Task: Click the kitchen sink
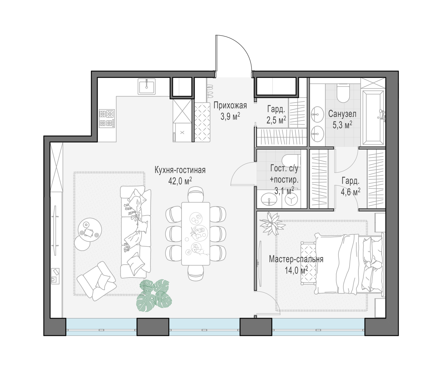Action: pyautogui.click(x=147, y=87)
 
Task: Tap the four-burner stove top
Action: pyautogui.click(x=107, y=119)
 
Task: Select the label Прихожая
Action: pyautogui.click(x=230, y=106)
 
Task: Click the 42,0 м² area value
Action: pyautogui.click(x=180, y=181)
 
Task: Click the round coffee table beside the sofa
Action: pyautogui.click(x=90, y=230)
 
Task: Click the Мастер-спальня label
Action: pyautogui.click(x=296, y=259)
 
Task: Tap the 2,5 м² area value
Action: pyautogui.click(x=276, y=120)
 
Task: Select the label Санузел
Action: pyautogui.click(x=342, y=114)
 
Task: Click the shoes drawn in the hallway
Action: pyautogui.click(x=210, y=91)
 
